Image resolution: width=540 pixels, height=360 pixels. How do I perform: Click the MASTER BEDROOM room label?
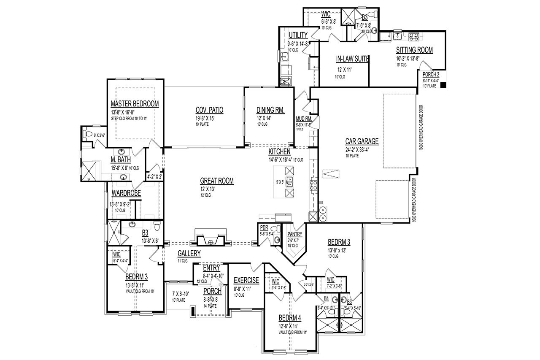[135, 104]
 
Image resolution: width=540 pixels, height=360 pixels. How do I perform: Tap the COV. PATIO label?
[209, 110]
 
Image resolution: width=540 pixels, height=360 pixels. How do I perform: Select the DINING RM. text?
[270, 110]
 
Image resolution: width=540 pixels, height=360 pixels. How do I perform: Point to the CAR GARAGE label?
[362, 141]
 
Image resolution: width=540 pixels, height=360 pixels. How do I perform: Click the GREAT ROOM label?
[217, 181]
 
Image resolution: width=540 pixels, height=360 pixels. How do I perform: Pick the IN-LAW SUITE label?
[353, 59]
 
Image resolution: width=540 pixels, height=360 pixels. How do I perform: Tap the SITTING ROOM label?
[414, 50]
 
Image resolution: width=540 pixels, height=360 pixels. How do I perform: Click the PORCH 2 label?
[431, 75]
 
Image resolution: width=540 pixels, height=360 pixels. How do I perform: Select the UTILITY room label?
[298, 35]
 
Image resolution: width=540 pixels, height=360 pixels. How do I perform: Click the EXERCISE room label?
[246, 280]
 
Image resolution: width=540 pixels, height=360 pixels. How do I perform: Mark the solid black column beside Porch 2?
[443, 85]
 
